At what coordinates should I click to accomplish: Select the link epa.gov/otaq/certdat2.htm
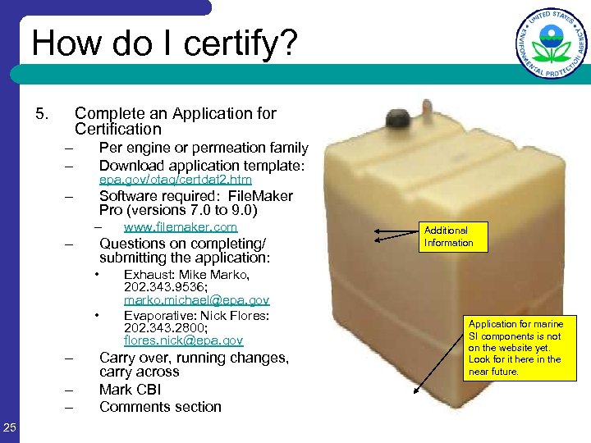[x=175, y=179]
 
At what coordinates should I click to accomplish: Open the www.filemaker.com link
[x=180, y=226]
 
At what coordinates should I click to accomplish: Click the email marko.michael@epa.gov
[x=196, y=302]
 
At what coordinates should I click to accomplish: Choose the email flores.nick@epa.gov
[x=183, y=340]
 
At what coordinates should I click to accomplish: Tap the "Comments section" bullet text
[x=160, y=407]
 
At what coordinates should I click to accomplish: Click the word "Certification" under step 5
[x=118, y=129]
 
